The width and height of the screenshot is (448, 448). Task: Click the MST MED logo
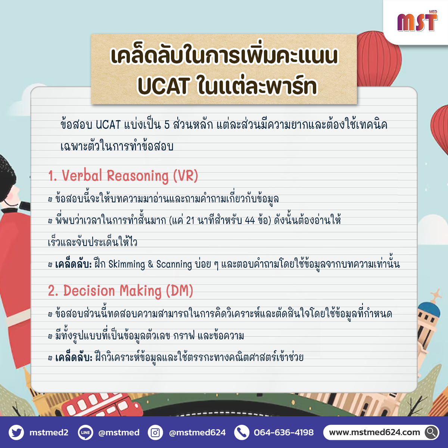pyautogui.click(x=417, y=21)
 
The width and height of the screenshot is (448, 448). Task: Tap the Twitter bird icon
pyautogui.click(x=16, y=432)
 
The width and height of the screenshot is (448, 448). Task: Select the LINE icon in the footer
pyautogui.click(x=85, y=432)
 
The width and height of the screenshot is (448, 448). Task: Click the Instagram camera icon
pyautogui.click(x=155, y=432)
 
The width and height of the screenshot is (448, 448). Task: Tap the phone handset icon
pyautogui.click(x=242, y=432)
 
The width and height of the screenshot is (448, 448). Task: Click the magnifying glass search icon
pyautogui.click(x=432, y=432)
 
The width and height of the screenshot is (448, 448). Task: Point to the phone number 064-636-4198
pyautogui.click(x=284, y=432)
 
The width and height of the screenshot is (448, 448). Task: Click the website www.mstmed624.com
pyautogui.click(x=374, y=432)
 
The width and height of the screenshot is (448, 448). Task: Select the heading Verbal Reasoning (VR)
pyautogui.click(x=123, y=176)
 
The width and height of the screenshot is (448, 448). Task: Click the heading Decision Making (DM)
pyautogui.click(x=121, y=291)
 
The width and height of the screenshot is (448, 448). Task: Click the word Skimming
pyautogui.click(x=127, y=265)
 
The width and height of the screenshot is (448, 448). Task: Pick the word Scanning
pyautogui.click(x=174, y=265)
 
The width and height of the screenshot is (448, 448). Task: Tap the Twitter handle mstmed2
pyautogui.click(x=49, y=432)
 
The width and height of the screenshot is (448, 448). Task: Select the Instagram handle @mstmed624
pyautogui.click(x=197, y=432)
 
